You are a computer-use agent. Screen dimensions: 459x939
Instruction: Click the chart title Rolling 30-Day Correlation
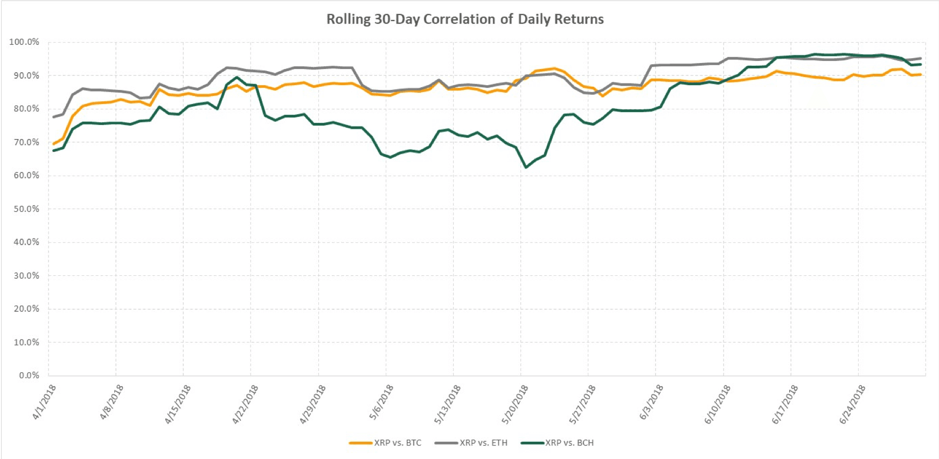click(464, 19)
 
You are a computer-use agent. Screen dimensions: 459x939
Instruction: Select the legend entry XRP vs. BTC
click(398, 443)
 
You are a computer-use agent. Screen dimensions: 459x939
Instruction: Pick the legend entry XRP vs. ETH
click(483, 443)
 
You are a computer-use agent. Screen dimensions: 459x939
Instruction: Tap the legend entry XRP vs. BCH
click(569, 443)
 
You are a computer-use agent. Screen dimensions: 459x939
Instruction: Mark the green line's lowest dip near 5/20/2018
click(526, 168)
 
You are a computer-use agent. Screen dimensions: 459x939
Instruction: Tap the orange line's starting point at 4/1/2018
click(53, 144)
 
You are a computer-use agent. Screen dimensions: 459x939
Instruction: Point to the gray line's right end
click(920, 58)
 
